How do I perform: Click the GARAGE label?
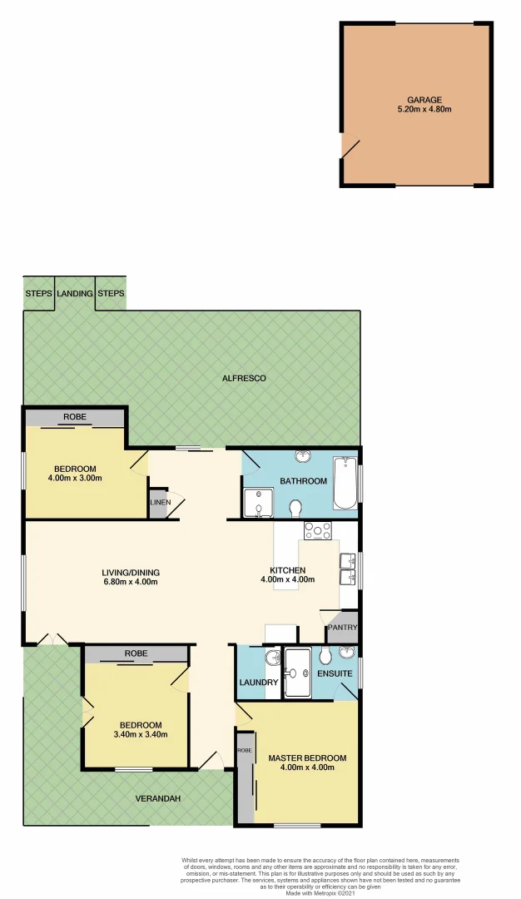click(424, 100)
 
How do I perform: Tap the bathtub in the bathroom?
click(345, 484)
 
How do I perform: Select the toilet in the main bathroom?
click(295, 507)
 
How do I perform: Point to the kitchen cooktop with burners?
click(317, 530)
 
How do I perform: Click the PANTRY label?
click(342, 628)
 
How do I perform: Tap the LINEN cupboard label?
click(160, 503)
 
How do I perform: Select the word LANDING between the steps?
click(74, 294)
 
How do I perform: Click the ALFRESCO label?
click(243, 379)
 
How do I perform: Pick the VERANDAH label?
click(158, 798)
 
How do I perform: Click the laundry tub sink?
click(271, 660)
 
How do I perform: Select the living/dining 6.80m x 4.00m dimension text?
click(130, 582)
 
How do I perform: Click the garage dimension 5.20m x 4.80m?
click(424, 109)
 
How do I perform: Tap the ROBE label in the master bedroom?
click(244, 750)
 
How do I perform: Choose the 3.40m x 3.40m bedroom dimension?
click(140, 734)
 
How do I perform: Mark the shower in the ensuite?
click(296, 673)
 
